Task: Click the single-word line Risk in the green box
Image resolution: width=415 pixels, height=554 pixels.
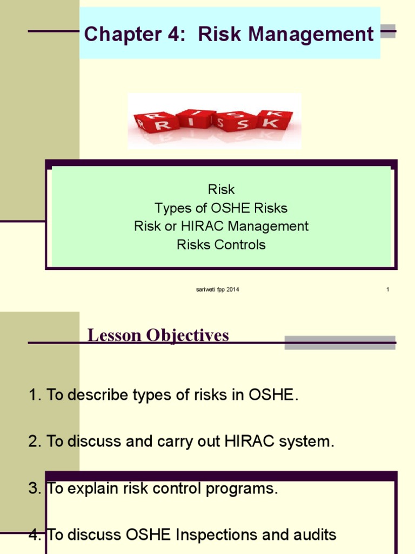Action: (x=221, y=189)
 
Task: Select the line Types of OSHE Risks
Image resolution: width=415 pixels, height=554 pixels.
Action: (x=221, y=208)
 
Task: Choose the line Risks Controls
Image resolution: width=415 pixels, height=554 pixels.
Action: (x=221, y=245)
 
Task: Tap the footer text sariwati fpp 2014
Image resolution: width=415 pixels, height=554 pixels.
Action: (x=217, y=290)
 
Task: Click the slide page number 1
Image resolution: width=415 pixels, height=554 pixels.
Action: (x=388, y=290)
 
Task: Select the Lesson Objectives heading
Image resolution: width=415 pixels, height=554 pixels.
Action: (x=158, y=335)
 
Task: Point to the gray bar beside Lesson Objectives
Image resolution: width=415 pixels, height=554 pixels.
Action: (x=340, y=342)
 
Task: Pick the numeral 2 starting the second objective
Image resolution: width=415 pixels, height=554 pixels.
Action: (x=32, y=442)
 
